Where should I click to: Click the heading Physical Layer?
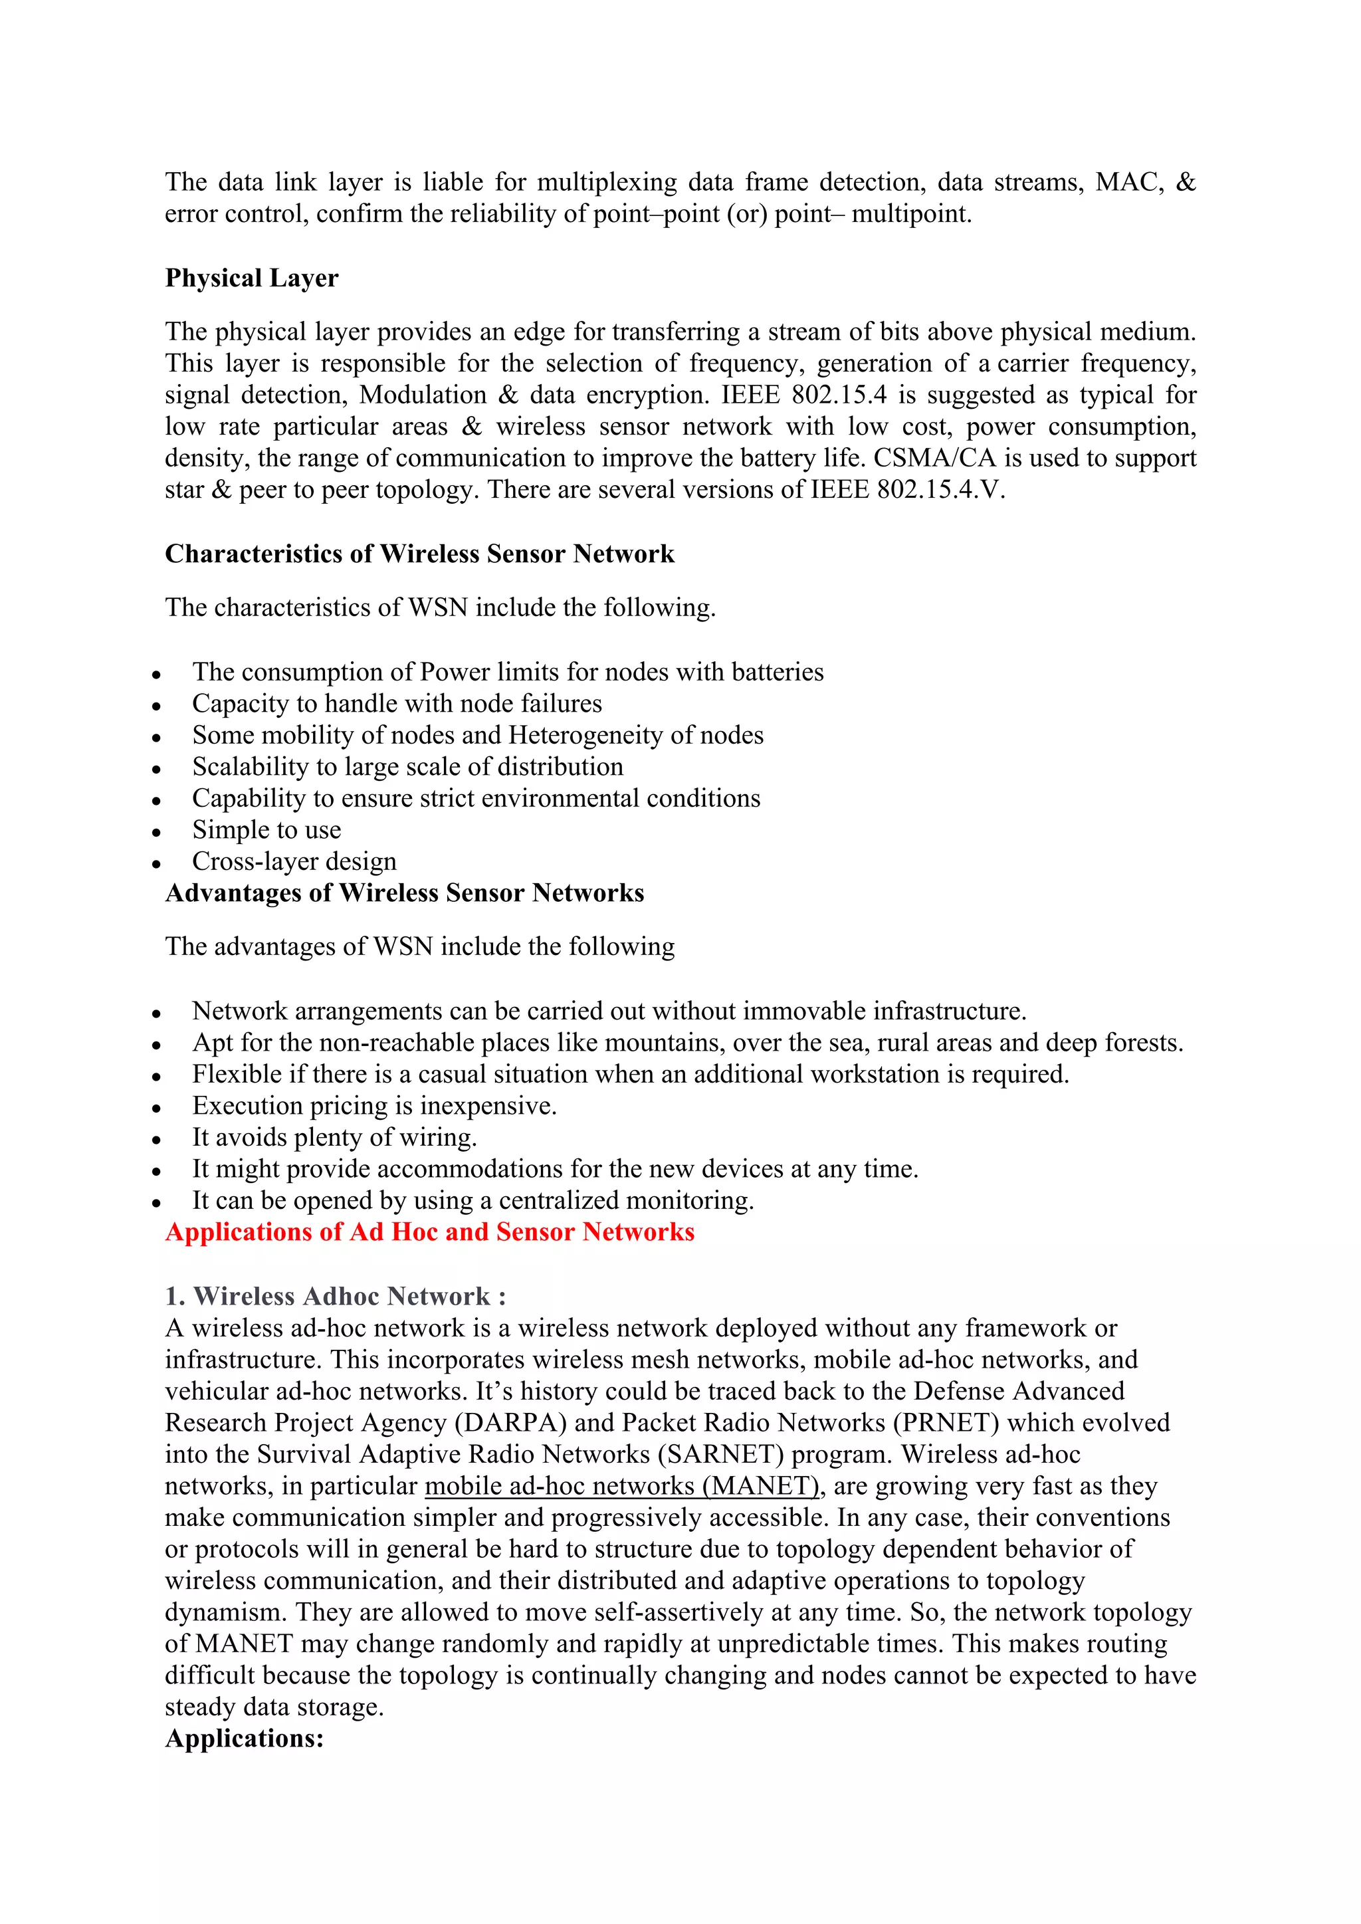pos(251,278)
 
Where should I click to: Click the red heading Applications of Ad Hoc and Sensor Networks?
pos(429,1232)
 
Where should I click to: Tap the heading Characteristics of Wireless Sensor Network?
pos(419,554)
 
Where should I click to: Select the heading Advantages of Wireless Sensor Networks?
pos(404,893)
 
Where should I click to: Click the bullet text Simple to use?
pos(266,831)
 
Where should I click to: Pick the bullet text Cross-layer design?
pos(294,861)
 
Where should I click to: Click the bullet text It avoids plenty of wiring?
pos(334,1138)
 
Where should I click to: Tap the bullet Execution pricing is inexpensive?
pos(373,1106)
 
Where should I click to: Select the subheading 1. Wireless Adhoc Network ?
pos(335,1297)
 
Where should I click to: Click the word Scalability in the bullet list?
pos(250,768)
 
